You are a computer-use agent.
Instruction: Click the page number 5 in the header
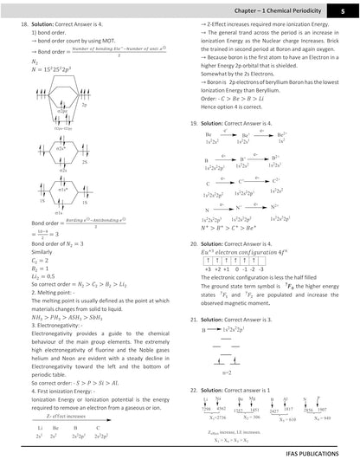pyautogui.click(x=343, y=9)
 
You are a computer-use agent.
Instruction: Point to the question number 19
pyautogui.click(x=194, y=125)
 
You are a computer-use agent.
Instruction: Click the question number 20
pyautogui.click(x=194, y=246)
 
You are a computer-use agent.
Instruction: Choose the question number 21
pyautogui.click(x=194, y=319)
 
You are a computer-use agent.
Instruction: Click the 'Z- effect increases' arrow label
pyautogui.click(x=60, y=414)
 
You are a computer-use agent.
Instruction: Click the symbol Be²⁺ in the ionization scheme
pyautogui.click(x=281, y=136)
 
